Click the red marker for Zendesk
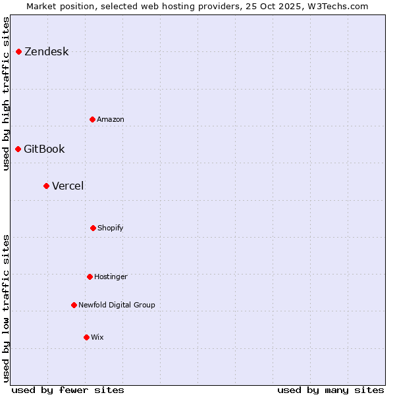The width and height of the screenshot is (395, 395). tap(18, 51)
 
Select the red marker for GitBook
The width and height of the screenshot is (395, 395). tap(18, 149)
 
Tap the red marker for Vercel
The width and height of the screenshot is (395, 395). tap(46, 186)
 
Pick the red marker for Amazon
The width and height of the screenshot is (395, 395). tap(92, 119)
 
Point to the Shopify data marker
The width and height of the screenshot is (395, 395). tap(93, 228)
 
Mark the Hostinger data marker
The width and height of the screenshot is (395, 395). tap(90, 276)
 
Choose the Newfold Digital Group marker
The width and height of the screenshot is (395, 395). tap(74, 305)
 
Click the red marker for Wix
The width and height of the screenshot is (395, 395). tap(86, 337)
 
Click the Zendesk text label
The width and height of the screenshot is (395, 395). tap(46, 52)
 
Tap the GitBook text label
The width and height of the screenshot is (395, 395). tap(44, 149)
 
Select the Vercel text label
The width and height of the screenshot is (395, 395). tap(68, 186)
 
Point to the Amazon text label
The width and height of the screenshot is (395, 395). tap(111, 120)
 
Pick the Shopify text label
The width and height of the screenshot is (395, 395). tap(111, 228)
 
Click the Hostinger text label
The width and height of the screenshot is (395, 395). tap(111, 277)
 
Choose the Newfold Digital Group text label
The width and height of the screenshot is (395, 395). tap(117, 305)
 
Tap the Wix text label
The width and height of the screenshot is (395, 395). tap(97, 338)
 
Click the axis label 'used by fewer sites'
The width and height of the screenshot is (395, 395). tap(68, 390)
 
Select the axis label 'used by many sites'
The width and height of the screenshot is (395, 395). tap(330, 390)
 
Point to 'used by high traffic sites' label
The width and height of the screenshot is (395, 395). tap(6, 93)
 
